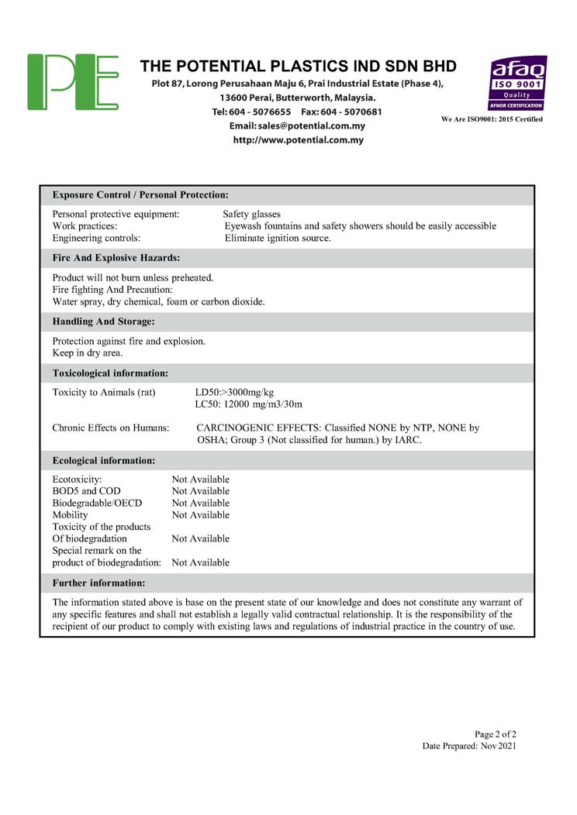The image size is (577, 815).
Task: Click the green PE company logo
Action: (x=73, y=82)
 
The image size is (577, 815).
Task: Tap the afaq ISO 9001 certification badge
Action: (x=517, y=83)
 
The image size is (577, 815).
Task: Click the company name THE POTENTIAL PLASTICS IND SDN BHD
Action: (x=299, y=66)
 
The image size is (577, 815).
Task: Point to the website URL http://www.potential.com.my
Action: (x=299, y=140)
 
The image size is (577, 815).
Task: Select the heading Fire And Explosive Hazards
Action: (x=116, y=257)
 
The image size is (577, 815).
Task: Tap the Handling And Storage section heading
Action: (x=103, y=321)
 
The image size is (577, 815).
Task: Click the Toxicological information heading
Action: (x=110, y=373)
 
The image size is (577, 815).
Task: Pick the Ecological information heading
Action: (x=104, y=460)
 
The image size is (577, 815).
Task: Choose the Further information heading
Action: (x=98, y=583)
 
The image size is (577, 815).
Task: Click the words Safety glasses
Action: (x=251, y=214)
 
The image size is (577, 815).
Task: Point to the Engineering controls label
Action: (x=96, y=238)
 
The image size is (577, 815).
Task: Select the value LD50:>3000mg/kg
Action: (x=235, y=392)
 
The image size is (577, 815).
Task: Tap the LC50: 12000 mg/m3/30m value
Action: (x=249, y=404)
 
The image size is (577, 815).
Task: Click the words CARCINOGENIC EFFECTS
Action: (x=258, y=428)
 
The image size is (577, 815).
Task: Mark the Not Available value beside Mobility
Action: (x=201, y=515)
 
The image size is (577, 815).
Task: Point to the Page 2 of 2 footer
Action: (x=496, y=734)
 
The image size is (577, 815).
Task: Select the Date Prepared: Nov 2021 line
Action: (x=469, y=746)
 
